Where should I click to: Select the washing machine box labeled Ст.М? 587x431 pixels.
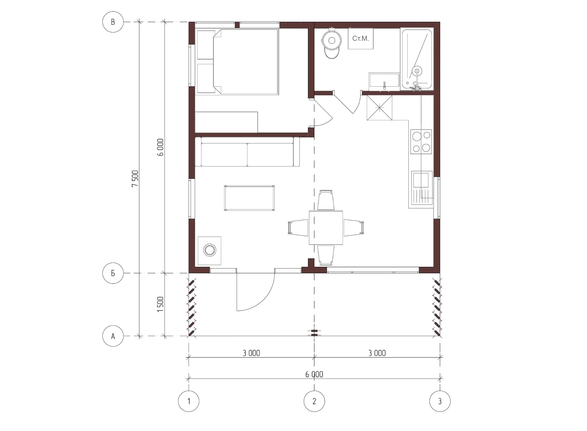[361, 38]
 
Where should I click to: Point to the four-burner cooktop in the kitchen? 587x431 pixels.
[421, 141]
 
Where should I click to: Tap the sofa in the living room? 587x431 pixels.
[247, 152]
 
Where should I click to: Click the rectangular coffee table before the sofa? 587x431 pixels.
[249, 198]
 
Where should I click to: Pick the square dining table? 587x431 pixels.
[326, 227]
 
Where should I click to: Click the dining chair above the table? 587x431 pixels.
[326, 201]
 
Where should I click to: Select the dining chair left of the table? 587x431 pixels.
[298, 227]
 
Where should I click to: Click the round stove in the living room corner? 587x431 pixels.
[210, 250]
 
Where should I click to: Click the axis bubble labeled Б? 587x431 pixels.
[113, 273]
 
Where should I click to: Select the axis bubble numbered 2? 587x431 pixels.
[314, 401]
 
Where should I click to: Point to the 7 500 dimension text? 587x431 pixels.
[135, 178]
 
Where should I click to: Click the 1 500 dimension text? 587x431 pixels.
[160, 304]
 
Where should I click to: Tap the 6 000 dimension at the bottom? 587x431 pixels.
[314, 374]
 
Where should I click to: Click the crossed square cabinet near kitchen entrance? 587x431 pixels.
[379, 108]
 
